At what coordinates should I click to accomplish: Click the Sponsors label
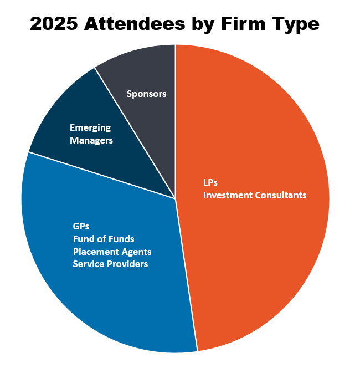pos(146,94)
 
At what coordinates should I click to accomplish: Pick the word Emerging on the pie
pos(90,128)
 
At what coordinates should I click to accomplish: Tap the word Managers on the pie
pos(91,140)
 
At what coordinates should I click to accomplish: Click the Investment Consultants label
pos(255,195)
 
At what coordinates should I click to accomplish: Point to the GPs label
pos(81,226)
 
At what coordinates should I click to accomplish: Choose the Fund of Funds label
pos(104,239)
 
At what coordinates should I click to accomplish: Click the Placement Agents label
pos(112,252)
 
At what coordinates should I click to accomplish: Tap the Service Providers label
pos(110,264)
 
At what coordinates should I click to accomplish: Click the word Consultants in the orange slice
pos(280,195)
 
